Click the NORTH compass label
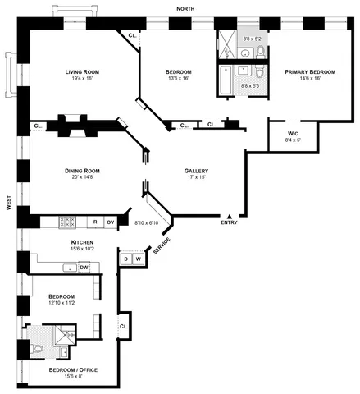pos(186,9)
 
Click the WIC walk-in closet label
pos(293,132)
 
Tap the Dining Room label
pos(83,171)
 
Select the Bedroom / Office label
pos(73,370)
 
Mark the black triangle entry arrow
pos(228,215)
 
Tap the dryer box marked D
pos(126,259)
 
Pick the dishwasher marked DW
pos(84,267)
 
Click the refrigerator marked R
pos(95,222)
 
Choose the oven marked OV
pos(110,222)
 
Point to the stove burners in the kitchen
pos(68,222)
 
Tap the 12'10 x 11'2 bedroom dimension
pos(62,303)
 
